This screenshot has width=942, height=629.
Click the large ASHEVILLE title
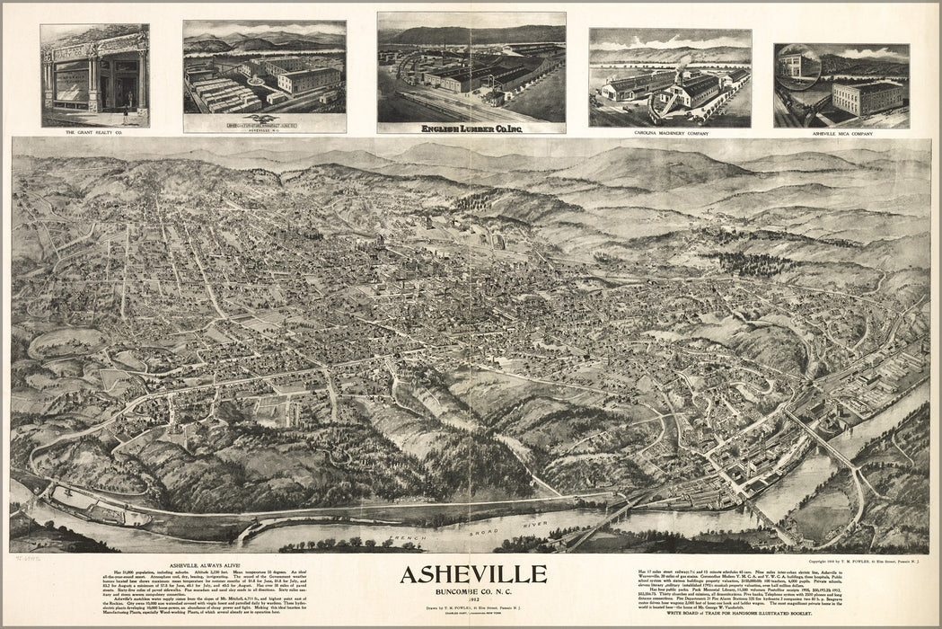pyautogui.click(x=472, y=573)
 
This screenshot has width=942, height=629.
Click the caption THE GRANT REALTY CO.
pyautogui.click(x=94, y=132)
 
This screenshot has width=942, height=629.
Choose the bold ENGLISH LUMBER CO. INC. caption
pyautogui.click(x=471, y=128)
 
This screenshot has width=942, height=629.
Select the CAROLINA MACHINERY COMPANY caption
pyautogui.click(x=670, y=132)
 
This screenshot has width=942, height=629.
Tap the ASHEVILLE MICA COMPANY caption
pyautogui.click(x=841, y=133)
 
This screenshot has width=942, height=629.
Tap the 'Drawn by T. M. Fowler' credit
pyautogui.click(x=472, y=607)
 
